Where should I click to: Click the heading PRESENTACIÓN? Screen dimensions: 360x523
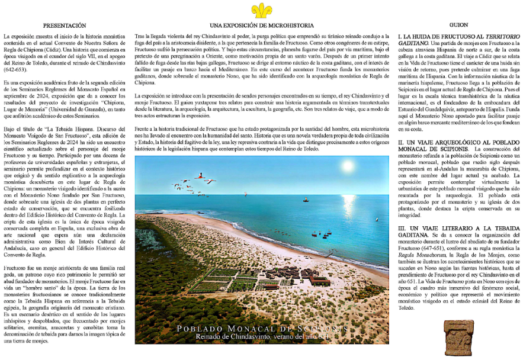coord(66,26)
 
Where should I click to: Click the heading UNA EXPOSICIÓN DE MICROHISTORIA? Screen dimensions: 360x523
coord(261,26)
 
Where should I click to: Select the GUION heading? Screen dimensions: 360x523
coord(458,26)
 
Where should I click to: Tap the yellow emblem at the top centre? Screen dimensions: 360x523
coord(261,10)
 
